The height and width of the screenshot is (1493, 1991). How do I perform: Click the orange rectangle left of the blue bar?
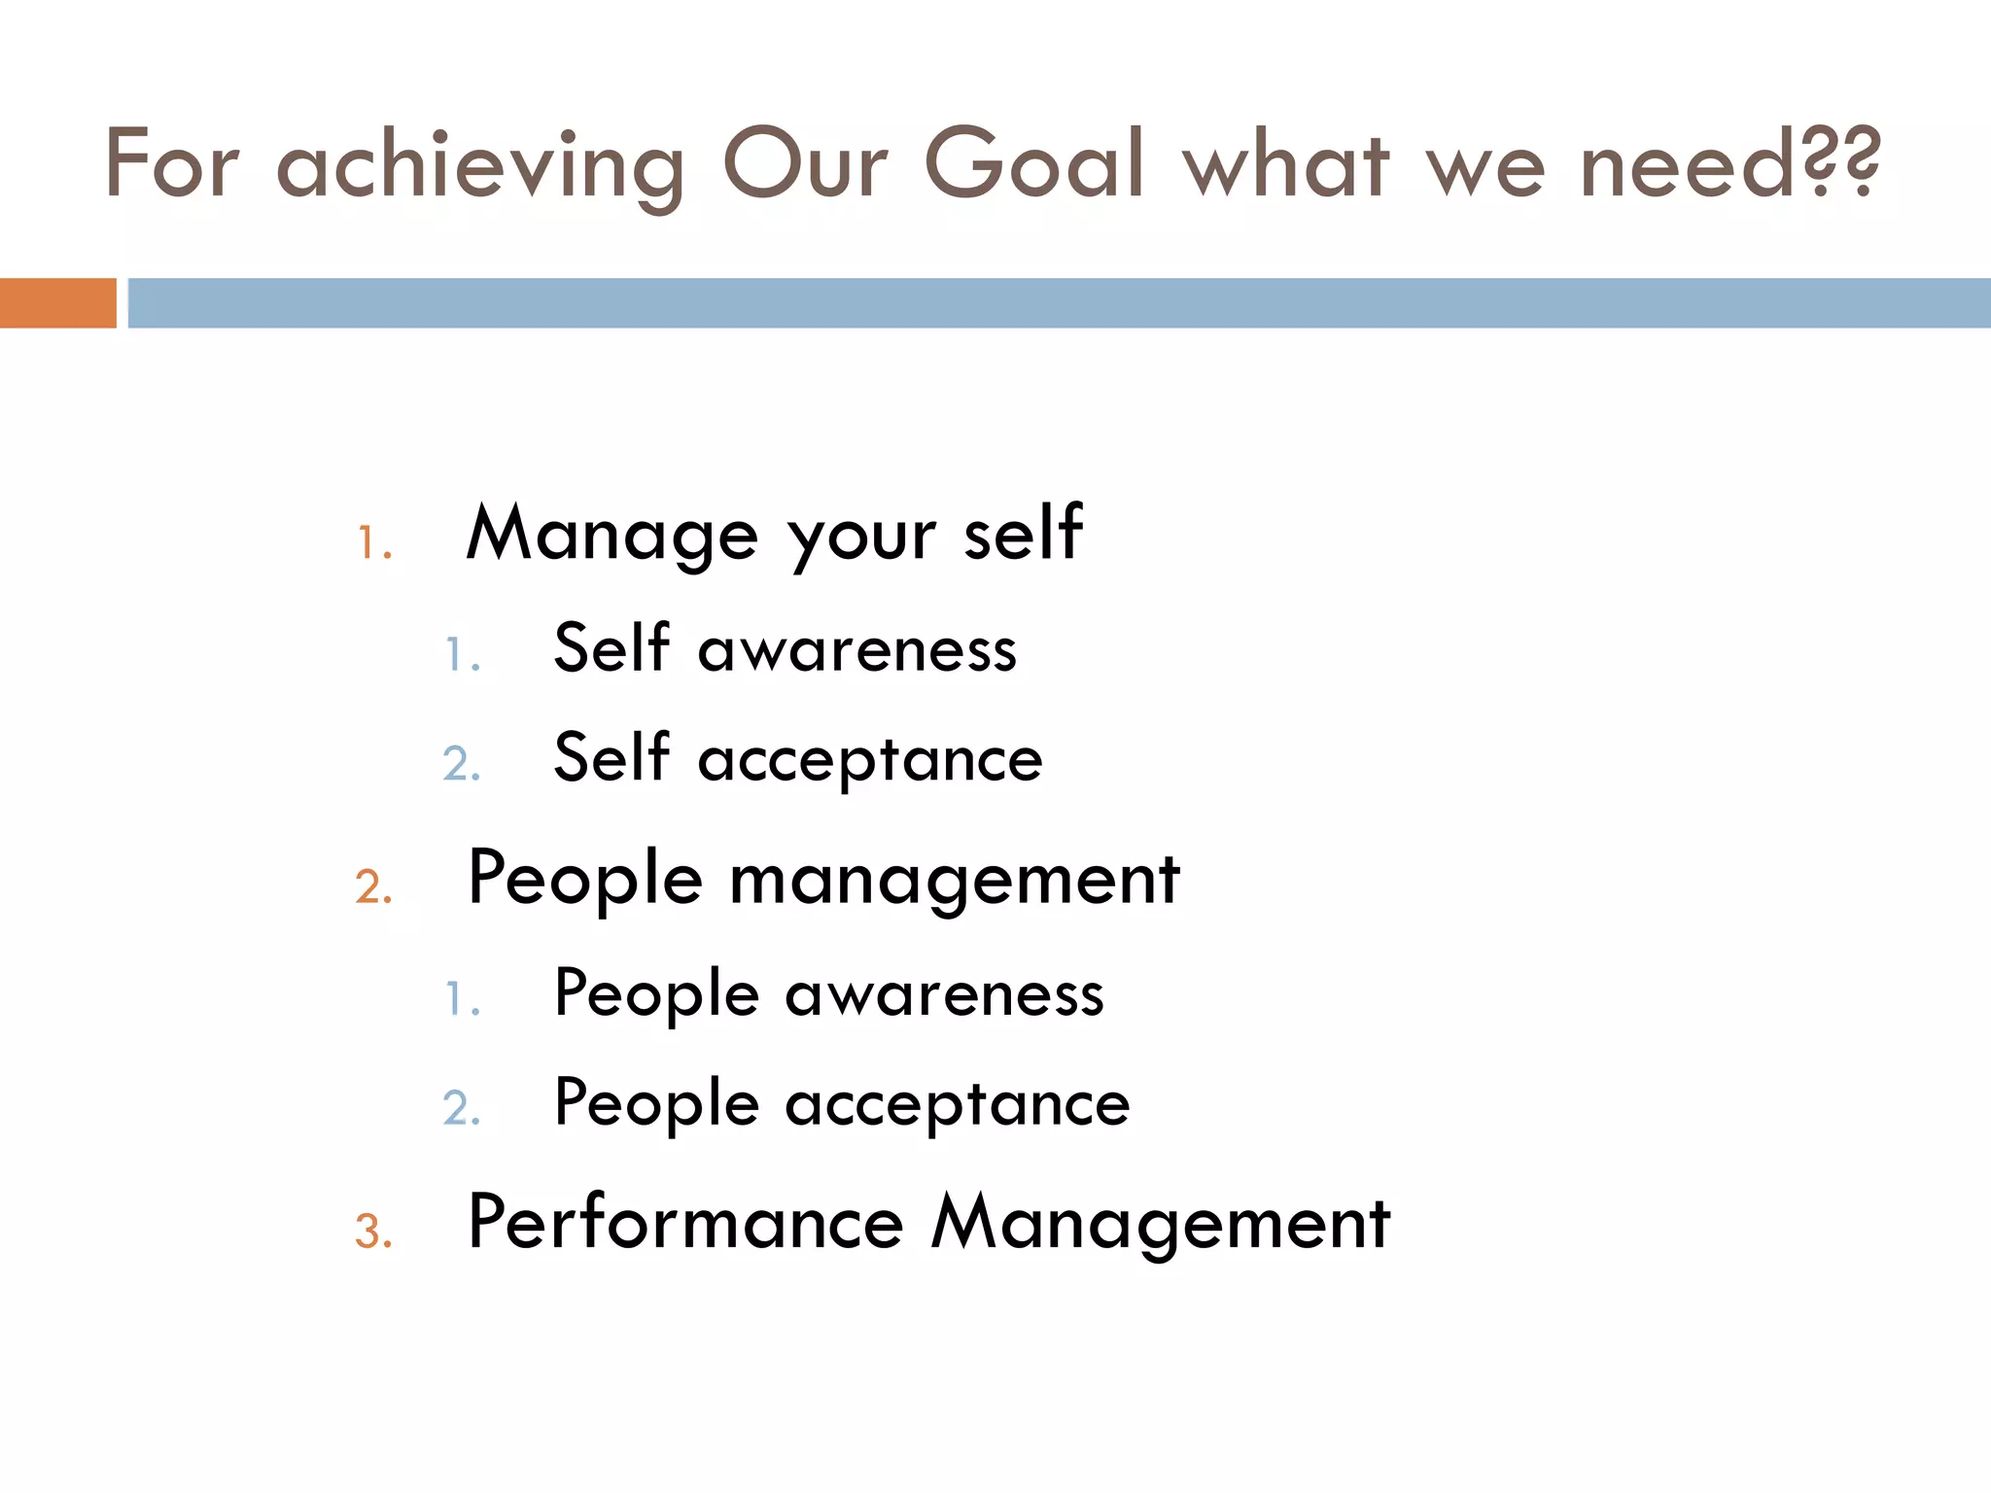coord(57,302)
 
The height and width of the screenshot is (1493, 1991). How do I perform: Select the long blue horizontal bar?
coord(1059,302)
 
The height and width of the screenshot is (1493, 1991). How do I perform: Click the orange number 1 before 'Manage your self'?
coord(373,543)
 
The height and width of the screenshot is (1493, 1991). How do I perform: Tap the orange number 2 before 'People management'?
coord(373,887)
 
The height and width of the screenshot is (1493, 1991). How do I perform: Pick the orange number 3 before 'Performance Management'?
coord(373,1232)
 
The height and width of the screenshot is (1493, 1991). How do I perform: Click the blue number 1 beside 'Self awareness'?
coord(462,655)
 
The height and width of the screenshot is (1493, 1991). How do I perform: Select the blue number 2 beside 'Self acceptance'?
coord(462,764)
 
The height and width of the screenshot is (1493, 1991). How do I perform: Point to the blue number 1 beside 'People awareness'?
coord(462,999)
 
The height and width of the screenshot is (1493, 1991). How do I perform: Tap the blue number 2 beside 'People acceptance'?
coord(462,1108)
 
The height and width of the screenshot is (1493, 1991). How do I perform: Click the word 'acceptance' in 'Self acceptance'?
coord(870,760)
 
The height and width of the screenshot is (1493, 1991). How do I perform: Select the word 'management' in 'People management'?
coord(955,881)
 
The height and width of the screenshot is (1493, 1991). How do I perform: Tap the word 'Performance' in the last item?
coord(685,1223)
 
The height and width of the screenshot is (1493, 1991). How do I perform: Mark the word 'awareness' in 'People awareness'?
coord(944,995)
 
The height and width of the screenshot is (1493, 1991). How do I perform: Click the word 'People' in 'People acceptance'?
coord(656,1106)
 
